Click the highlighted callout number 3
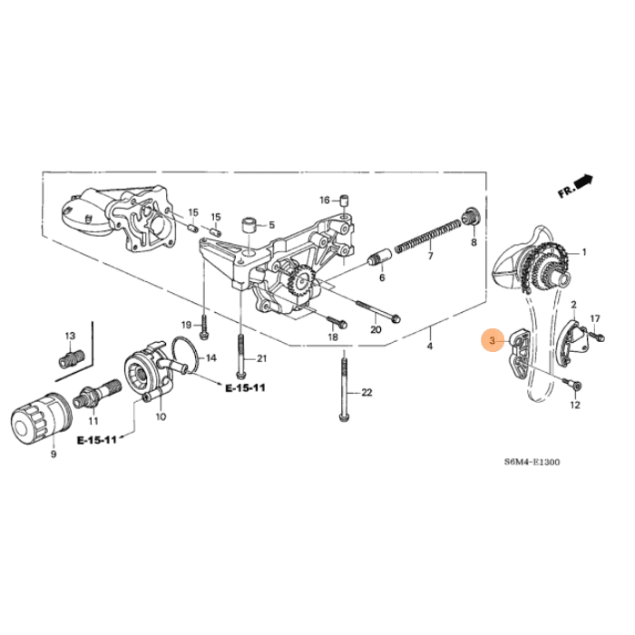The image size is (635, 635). [493, 342]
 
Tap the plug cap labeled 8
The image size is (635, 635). [471, 217]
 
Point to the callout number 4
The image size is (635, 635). [430, 346]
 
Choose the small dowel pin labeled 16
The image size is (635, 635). [345, 200]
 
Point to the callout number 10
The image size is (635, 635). [161, 417]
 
